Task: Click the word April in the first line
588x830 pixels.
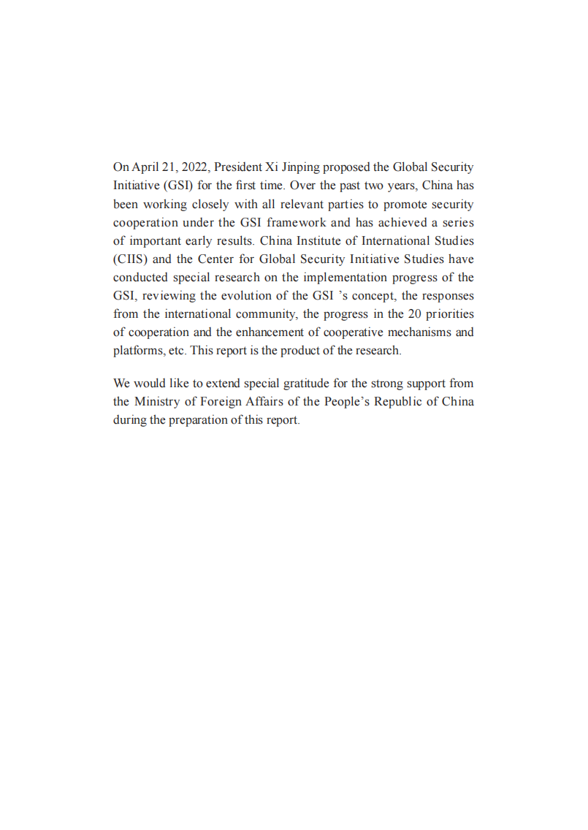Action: click(x=145, y=167)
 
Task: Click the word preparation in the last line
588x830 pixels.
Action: click(x=198, y=420)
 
